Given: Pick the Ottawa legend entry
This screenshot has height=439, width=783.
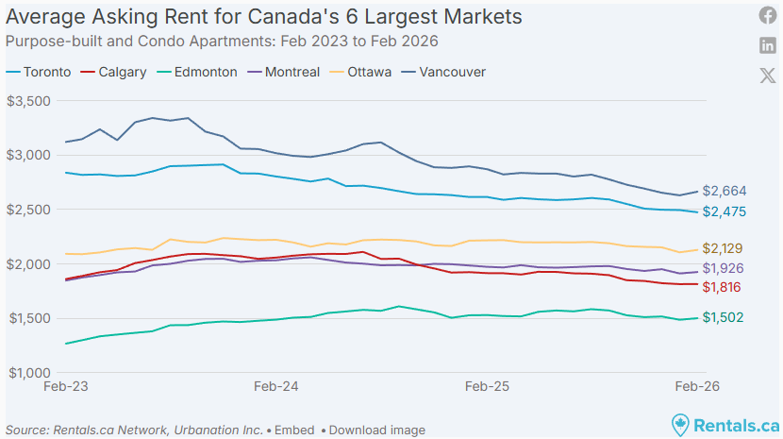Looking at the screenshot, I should pos(369,72).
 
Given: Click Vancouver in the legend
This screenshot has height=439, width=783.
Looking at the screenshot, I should pos(452,72).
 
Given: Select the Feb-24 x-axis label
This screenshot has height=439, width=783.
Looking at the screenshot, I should pos(276,387).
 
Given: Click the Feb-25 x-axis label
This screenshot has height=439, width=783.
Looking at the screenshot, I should pos(488,387).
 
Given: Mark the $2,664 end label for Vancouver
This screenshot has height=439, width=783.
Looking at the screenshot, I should pos(724,192).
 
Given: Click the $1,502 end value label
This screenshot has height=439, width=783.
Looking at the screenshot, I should pos(724,318).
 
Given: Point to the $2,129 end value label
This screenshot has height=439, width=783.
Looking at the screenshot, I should pos(724,248).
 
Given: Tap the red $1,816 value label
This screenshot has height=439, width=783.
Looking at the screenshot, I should pos(724,287).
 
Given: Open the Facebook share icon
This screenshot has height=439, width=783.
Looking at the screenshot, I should pos(768,16).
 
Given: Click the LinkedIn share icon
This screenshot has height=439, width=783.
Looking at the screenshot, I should pos(768,46).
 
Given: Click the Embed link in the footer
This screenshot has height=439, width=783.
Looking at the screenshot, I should pos(294,430).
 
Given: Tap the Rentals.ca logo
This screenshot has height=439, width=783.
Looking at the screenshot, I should pos(725,426).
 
